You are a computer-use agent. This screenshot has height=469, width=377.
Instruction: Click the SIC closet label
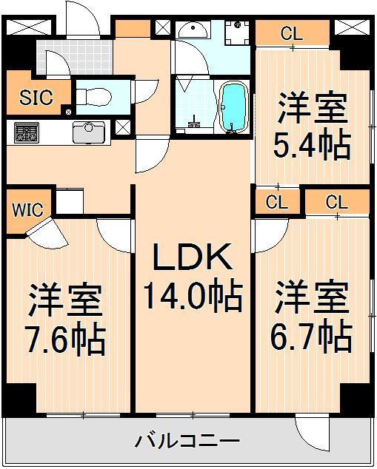(36, 97)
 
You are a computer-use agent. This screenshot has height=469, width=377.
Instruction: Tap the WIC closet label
(27, 209)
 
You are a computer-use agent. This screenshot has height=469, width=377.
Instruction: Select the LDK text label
(193, 257)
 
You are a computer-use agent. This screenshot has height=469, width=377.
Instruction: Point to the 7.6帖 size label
(66, 340)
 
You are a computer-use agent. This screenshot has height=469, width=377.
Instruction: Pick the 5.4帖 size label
(312, 146)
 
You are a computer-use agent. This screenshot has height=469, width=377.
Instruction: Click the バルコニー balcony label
(188, 440)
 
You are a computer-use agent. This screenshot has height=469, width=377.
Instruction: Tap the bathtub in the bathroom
(235, 107)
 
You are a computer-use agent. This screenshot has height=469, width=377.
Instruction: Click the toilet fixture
(94, 96)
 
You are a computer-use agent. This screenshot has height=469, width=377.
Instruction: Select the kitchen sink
(89, 132)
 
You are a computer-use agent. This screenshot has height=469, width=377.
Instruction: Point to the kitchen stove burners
(27, 132)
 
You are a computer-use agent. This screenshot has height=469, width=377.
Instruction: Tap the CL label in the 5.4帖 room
(292, 33)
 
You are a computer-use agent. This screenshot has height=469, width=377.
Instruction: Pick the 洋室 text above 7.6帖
(66, 300)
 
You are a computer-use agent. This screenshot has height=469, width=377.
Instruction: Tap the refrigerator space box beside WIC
(70, 200)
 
